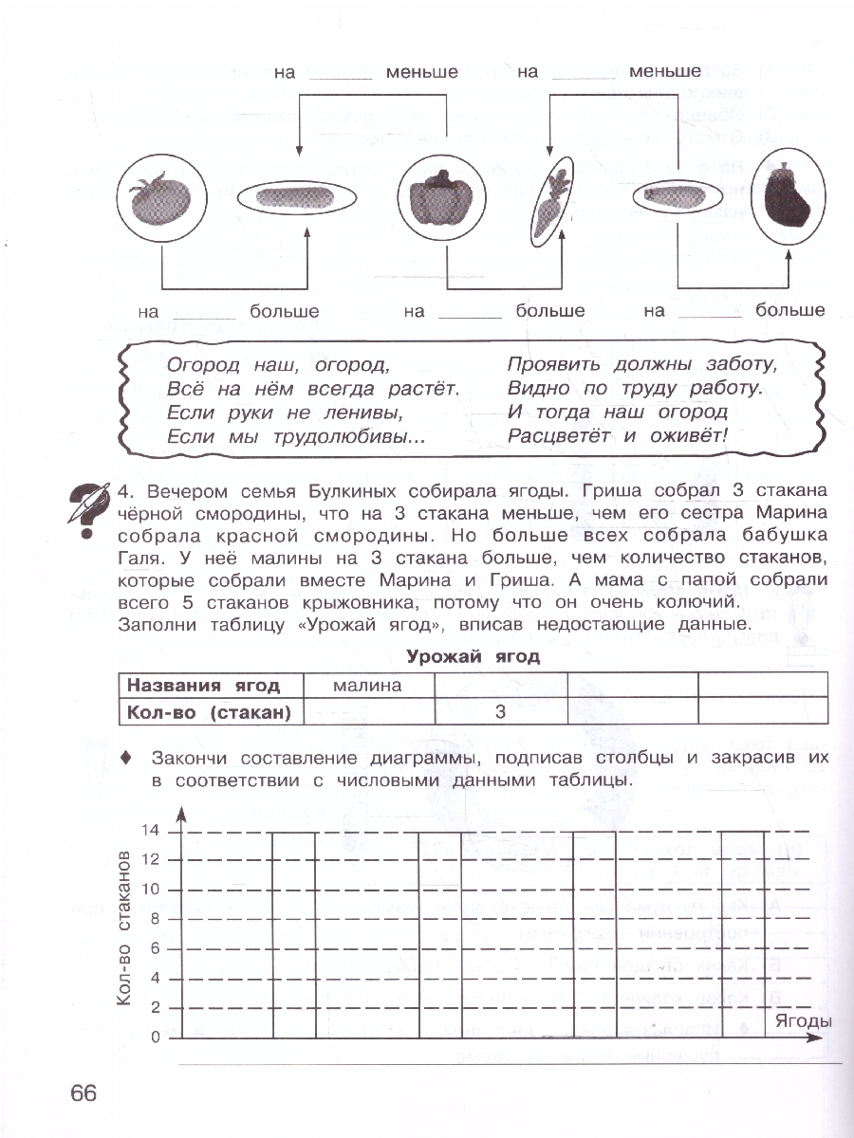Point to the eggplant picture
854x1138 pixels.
pos(789,199)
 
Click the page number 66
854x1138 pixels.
pos(84,1092)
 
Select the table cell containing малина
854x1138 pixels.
pos(367,686)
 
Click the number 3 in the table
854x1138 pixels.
pos(500,712)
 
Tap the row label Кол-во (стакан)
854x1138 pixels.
pos(209,712)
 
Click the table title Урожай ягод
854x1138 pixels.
pos(473,656)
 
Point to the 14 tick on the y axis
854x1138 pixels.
pos(150,831)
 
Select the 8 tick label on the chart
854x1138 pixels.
pos(154,919)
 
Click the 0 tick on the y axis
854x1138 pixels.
pos(154,1037)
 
